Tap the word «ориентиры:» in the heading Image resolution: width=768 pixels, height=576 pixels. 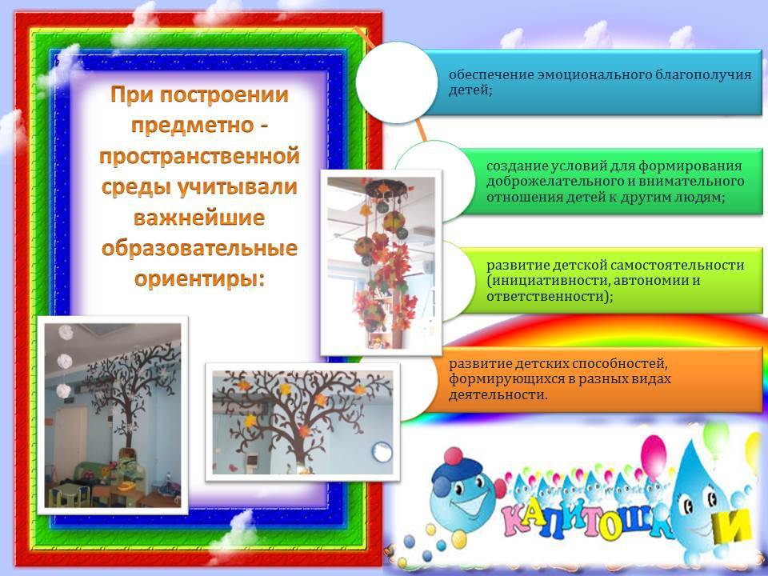point(199,279)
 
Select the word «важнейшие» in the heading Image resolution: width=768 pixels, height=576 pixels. point(199,218)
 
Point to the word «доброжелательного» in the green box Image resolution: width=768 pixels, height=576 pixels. point(553,182)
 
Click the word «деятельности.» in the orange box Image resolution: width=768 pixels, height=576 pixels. point(498,394)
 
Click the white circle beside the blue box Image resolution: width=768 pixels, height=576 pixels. point(397,82)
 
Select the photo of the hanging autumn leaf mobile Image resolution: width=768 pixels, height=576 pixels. point(381,262)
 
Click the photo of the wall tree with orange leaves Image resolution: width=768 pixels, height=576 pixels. point(302,422)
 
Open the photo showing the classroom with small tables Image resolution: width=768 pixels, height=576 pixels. point(113,415)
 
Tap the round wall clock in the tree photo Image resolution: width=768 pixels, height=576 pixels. point(382,452)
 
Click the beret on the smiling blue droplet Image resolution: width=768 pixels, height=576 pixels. point(454,471)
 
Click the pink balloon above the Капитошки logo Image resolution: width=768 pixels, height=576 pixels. point(654,457)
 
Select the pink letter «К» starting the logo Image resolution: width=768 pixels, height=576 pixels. point(518,521)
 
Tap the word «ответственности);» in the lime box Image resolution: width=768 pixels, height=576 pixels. point(550,296)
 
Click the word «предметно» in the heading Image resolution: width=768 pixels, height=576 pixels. point(192,126)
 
